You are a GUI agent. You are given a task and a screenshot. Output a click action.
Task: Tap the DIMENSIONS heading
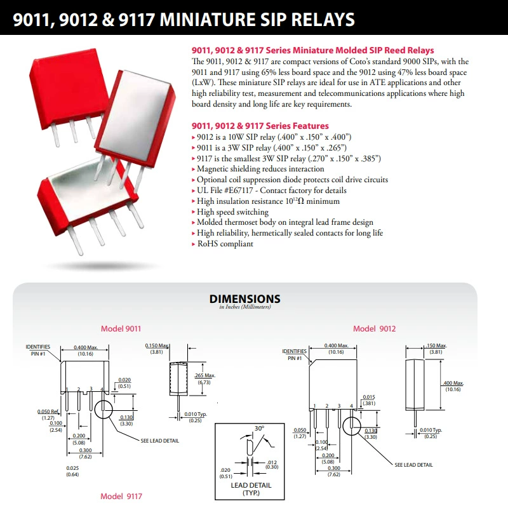(245, 298)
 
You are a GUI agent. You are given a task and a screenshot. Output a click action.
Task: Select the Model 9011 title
(121, 328)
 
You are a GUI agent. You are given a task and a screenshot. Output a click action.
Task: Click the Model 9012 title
(374, 328)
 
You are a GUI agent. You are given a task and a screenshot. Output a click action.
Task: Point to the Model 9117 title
(121, 496)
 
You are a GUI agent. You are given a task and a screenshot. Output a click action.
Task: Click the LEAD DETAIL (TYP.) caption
(251, 489)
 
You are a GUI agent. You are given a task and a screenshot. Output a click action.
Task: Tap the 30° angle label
(259, 428)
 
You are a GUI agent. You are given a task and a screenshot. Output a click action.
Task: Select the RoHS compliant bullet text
(225, 244)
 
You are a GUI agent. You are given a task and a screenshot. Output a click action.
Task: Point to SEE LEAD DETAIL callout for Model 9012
(413, 465)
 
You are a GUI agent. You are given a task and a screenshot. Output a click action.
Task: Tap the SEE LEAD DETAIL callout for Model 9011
(160, 441)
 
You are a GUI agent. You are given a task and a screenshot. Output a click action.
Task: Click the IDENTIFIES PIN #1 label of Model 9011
(38, 351)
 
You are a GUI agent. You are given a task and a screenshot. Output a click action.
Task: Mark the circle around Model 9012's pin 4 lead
(343, 426)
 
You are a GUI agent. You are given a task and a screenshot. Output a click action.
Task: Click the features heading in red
(260, 126)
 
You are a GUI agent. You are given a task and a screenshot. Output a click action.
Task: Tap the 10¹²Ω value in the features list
(295, 201)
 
